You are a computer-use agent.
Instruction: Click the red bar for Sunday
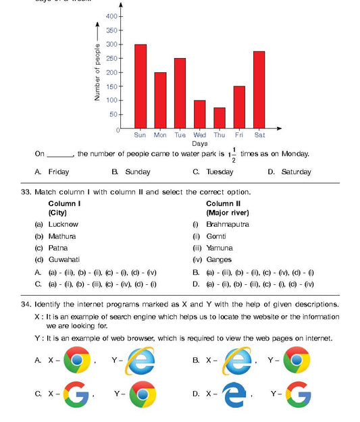pyautogui.click(x=140, y=86)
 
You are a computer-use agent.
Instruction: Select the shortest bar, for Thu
pyautogui.click(x=220, y=117)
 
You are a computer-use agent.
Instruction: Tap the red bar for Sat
pyautogui.click(x=259, y=90)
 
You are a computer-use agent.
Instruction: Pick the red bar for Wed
pyautogui.click(x=200, y=114)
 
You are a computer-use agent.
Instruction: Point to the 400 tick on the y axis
pyautogui.click(x=113, y=16)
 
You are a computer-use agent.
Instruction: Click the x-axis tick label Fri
pyautogui.click(x=239, y=134)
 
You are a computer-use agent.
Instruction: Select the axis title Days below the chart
pyautogui.click(x=199, y=143)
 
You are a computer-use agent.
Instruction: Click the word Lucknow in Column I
pyautogui.click(x=63, y=224)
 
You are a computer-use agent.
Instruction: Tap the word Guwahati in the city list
pyautogui.click(x=64, y=259)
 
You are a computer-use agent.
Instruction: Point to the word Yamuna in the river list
pyautogui.click(x=219, y=248)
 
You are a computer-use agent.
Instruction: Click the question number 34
pyautogui.click(x=26, y=305)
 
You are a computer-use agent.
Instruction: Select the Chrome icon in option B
pyautogui.click(x=296, y=361)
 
